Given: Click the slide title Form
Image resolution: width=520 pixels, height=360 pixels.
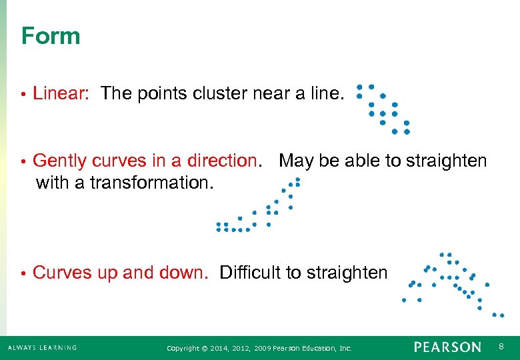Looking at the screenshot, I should coord(51,36).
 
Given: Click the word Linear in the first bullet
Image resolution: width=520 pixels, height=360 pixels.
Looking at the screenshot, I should coord(60,94).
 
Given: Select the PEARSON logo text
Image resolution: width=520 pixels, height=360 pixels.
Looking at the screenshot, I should coord(447,347).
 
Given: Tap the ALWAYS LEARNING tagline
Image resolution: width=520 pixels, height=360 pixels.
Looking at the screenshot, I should coord(43,348).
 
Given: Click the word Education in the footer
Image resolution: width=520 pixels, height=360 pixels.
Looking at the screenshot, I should coord(316,349).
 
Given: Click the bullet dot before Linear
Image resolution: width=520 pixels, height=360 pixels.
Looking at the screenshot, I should coord(23,95).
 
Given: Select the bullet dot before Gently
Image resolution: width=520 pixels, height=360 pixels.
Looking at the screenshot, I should coord(23,161).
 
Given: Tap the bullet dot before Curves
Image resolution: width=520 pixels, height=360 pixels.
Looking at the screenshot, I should coord(23,273).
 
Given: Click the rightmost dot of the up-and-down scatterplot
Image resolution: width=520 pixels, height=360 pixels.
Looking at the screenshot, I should coord(502,315).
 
